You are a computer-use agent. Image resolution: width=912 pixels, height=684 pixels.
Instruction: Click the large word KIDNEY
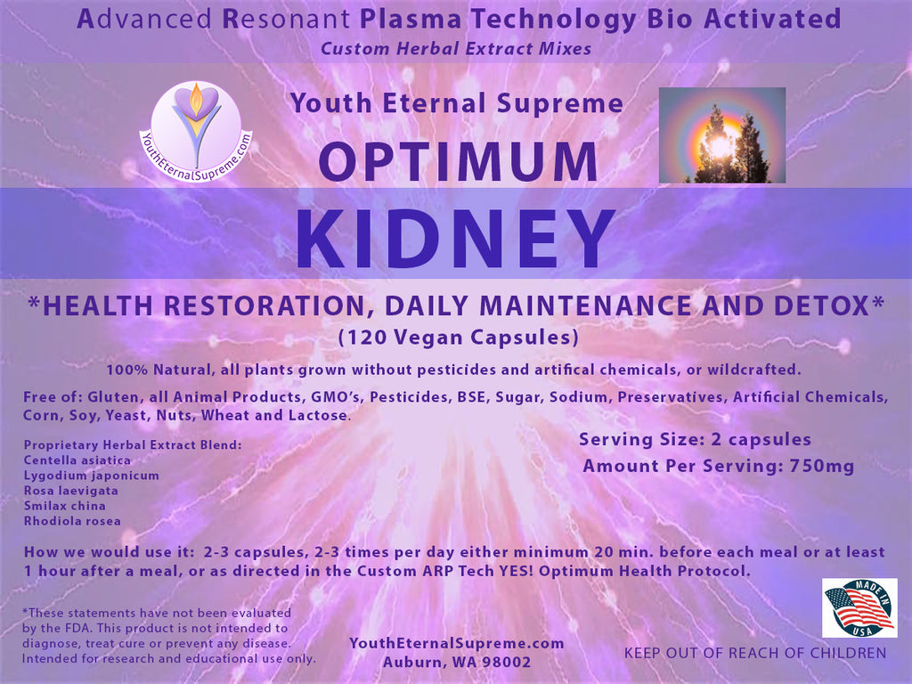click(455, 239)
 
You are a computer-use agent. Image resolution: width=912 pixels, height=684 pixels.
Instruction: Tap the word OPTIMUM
click(459, 162)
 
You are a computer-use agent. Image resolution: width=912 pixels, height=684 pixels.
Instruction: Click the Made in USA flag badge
click(859, 607)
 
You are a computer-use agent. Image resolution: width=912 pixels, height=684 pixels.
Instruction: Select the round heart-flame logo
click(196, 132)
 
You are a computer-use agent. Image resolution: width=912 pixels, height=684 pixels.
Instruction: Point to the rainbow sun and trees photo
click(721, 135)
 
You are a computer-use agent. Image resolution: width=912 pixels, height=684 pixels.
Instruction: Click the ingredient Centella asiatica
click(77, 460)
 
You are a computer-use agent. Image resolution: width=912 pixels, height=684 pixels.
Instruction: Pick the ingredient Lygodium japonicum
click(92, 476)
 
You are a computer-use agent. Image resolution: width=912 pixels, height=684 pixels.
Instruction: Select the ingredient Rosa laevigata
click(71, 491)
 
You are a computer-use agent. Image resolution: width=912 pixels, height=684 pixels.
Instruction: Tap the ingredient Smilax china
click(64, 506)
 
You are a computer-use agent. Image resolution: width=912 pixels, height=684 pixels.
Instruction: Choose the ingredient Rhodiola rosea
click(72, 520)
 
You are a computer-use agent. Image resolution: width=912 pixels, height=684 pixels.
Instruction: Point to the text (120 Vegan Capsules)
click(459, 338)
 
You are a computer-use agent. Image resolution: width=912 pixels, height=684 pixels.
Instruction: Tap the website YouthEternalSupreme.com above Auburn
click(457, 643)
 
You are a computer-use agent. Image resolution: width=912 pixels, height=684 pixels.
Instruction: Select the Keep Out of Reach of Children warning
click(755, 653)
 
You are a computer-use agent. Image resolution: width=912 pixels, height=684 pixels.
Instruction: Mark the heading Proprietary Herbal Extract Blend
click(133, 445)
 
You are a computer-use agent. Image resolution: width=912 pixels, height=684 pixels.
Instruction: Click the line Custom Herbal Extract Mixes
click(456, 48)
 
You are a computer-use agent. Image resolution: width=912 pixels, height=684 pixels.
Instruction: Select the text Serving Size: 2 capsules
click(695, 440)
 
